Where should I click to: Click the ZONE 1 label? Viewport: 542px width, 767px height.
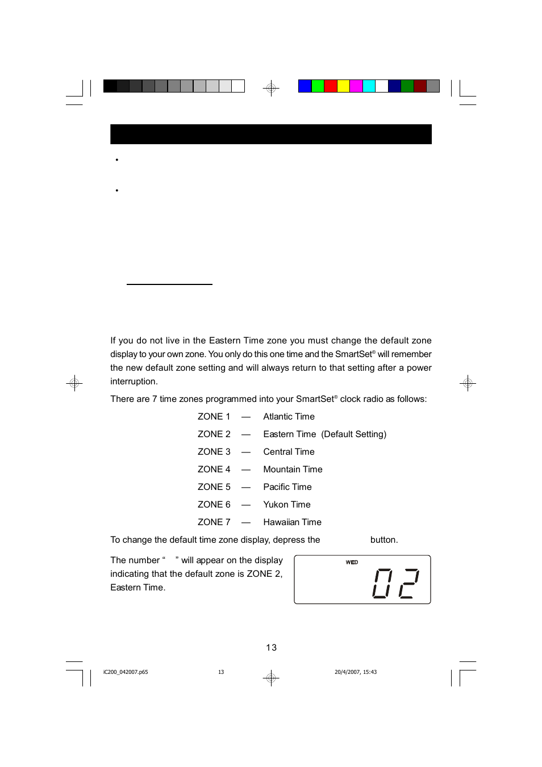[214, 417]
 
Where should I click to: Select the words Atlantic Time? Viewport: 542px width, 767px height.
[289, 417]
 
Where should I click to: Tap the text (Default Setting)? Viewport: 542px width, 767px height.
[353, 434]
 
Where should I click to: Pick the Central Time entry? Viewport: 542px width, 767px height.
[289, 452]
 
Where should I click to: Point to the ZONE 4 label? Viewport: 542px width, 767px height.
[214, 470]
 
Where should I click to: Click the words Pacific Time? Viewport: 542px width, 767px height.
[287, 487]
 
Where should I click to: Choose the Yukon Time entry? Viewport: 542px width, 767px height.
[287, 505]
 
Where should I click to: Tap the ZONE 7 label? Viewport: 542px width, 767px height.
[214, 522]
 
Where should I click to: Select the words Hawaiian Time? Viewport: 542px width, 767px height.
[292, 522]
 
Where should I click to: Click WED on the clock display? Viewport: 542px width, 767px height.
[352, 562]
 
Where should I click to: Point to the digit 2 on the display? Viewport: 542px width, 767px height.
[409, 583]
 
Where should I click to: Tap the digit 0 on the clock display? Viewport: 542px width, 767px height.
[382, 583]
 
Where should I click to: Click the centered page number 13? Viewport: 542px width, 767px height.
[271, 648]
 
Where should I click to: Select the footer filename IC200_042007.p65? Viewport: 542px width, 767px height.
[126, 672]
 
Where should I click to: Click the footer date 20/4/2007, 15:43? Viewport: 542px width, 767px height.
[356, 672]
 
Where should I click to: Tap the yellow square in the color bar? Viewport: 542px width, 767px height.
[343, 86]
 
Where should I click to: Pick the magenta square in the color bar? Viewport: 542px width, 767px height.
[356, 86]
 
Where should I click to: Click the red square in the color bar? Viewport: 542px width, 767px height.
[330, 86]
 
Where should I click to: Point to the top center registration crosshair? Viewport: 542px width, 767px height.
[271, 88]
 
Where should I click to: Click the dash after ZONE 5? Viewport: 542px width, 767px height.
[246, 487]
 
